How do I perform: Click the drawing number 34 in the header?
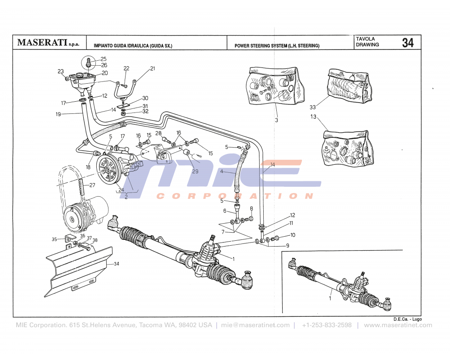408,43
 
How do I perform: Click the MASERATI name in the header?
42,43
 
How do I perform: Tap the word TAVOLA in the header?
365,39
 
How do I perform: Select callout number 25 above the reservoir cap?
103,59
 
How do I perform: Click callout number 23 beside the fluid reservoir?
61,72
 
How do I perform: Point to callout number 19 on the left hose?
58,114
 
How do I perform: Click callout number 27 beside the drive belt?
92,185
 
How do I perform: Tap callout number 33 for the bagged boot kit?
313,107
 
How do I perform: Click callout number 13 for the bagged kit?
313,117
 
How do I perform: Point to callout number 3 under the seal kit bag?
277,120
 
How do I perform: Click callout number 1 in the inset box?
331,298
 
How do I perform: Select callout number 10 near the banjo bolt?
292,235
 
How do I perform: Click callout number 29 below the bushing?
195,171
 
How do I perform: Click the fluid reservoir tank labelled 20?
83,82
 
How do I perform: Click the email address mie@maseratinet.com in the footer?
256,325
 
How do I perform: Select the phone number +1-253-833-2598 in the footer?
327,325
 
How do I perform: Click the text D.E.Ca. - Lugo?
407,319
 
